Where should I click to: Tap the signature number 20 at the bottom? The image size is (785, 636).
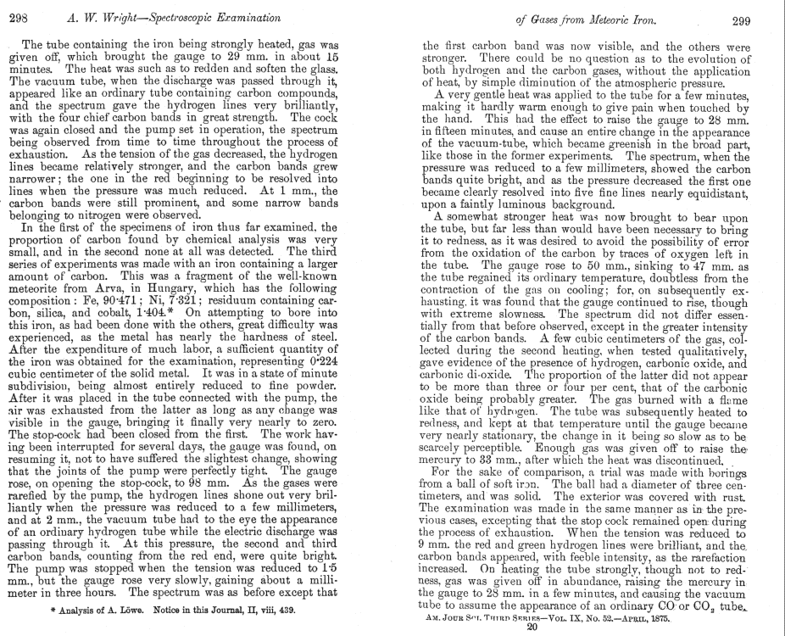click(532, 628)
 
